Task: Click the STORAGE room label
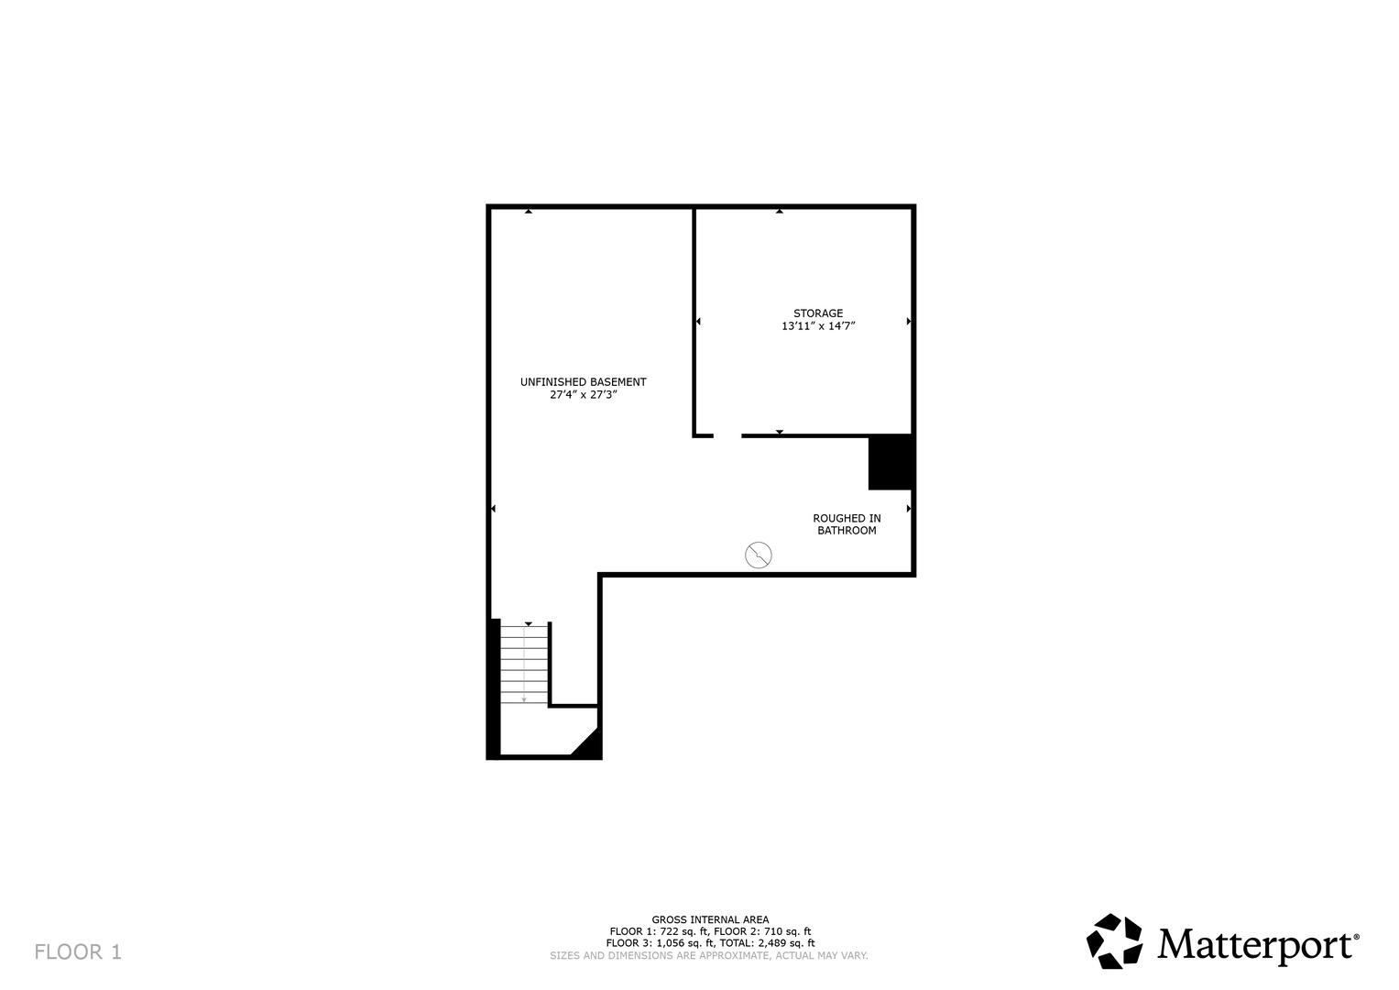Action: click(818, 313)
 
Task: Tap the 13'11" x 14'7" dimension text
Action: click(818, 325)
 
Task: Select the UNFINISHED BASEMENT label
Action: click(584, 382)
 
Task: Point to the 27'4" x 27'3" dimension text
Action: click(584, 394)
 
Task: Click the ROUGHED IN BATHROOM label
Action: click(847, 524)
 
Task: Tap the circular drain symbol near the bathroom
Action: click(759, 555)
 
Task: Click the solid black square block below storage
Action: click(891, 463)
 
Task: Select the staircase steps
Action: click(525, 664)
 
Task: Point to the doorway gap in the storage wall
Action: click(727, 435)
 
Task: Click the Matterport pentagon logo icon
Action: click(1115, 941)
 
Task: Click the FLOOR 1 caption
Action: click(78, 951)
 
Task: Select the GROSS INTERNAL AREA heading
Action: click(710, 919)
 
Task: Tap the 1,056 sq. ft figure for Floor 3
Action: click(683, 943)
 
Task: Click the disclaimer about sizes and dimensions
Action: click(709, 955)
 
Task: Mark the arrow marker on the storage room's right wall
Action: click(909, 321)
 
